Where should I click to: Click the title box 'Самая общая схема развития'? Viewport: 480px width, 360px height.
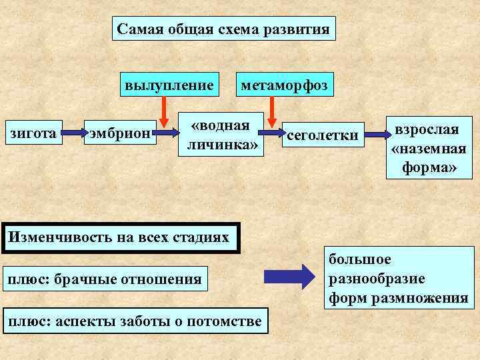pyautogui.click(x=223, y=29)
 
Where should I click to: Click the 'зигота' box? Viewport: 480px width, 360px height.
pyautogui.click(x=31, y=133)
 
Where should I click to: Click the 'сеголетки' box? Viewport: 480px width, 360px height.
pyautogui.click(x=323, y=136)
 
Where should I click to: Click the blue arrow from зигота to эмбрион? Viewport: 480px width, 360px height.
pyautogui.click(x=72, y=134)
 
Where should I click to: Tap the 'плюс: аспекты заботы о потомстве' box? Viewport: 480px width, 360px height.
pyautogui.click(x=133, y=322)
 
